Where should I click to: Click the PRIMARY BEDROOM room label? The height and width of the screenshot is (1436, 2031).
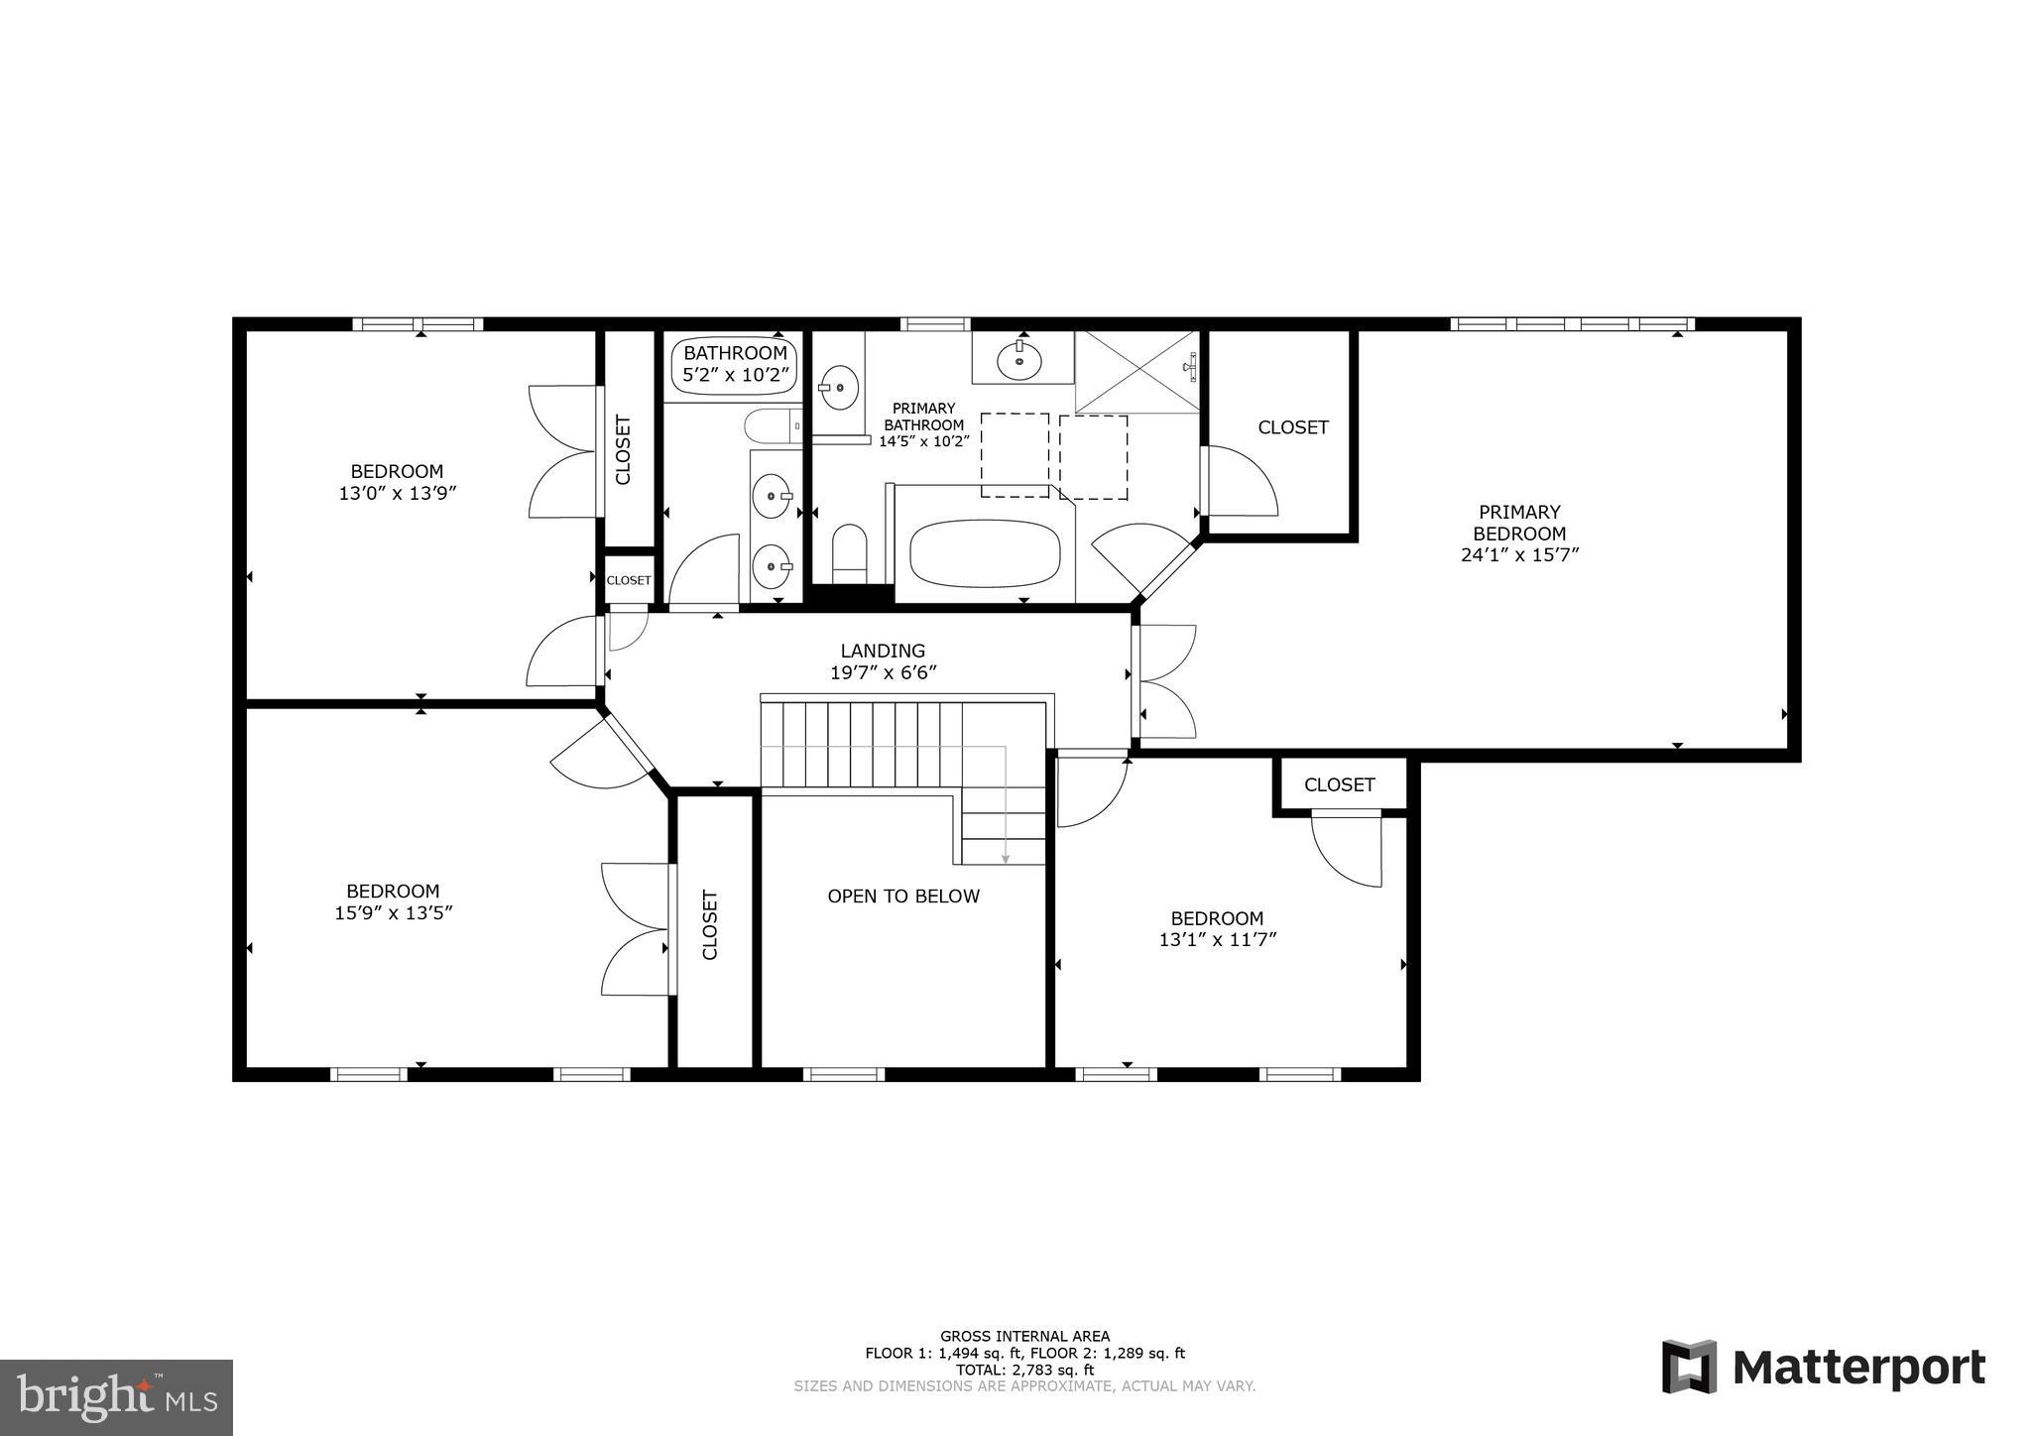(1518, 523)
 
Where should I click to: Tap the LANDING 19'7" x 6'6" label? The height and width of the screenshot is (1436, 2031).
(883, 661)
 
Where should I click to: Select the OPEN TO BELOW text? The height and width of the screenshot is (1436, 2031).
(903, 897)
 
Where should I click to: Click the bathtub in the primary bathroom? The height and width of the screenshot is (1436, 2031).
(985, 553)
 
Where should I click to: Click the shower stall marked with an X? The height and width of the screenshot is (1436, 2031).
(1137, 372)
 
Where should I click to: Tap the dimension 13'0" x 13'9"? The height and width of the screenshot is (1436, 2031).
(397, 493)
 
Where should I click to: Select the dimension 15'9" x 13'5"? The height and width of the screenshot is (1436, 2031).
(394, 913)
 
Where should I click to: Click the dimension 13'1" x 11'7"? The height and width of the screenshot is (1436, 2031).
(1217, 939)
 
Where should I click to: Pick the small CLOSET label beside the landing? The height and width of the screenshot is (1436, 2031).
(629, 580)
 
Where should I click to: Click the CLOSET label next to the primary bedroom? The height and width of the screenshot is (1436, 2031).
(1292, 427)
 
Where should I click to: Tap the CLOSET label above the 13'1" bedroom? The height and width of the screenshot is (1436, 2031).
(1339, 785)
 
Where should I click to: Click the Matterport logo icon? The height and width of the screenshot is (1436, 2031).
(1690, 1367)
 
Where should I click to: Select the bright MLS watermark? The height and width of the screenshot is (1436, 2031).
(116, 1398)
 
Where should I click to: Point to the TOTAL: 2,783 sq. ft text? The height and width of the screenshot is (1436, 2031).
(1024, 1370)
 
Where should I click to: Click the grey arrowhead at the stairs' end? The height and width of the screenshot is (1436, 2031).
(1006, 859)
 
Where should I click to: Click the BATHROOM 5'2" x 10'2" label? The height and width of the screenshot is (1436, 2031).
(735, 364)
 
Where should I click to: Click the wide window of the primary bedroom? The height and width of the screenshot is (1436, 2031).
(1572, 323)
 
